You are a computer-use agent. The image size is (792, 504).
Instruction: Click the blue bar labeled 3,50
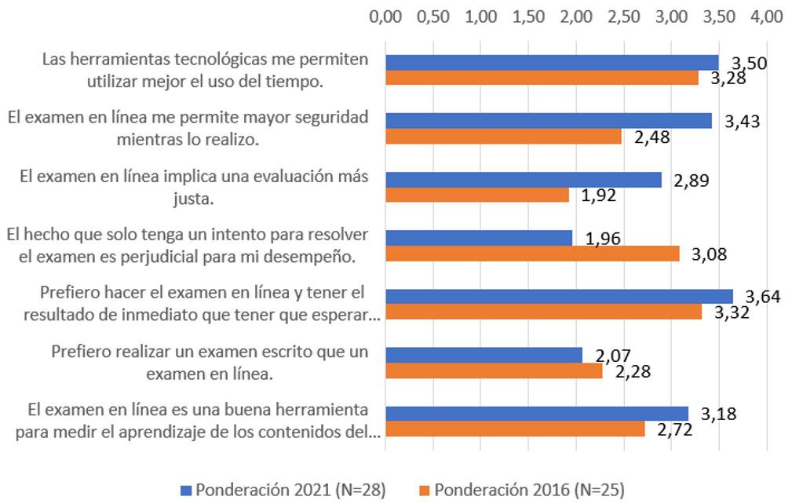tap(552, 63)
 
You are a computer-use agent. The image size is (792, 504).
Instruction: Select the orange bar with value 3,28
tap(542, 78)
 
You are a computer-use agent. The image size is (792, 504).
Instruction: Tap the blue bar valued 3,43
tap(549, 121)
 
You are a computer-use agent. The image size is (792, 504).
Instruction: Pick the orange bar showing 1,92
tap(477, 195)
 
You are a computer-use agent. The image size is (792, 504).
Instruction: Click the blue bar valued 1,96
tap(479, 238)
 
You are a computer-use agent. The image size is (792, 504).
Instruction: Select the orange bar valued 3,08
tap(532, 254)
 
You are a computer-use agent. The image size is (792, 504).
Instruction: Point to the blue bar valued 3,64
tap(559, 296)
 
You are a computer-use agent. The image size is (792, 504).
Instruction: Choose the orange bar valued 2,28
tap(494, 371)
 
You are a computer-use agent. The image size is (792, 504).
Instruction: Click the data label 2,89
tap(691, 180)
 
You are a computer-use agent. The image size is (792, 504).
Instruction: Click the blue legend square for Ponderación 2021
tap(185, 490)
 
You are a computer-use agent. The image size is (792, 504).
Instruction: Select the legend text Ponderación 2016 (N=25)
tap(529, 490)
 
